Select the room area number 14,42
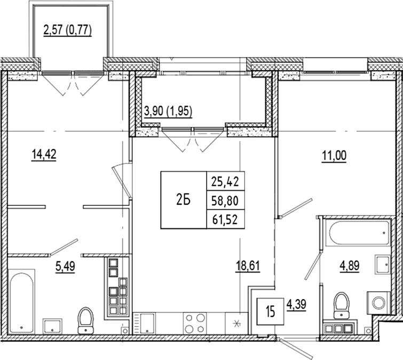44,155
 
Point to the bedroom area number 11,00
334,156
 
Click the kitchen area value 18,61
248,266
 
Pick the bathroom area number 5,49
65,266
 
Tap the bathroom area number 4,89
350,266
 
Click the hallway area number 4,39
296,305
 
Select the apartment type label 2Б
183,200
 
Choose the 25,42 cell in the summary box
225,181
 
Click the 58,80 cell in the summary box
225,201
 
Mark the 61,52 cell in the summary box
225,219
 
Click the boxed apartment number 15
271,311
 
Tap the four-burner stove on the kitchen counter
194,324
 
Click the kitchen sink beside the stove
145,324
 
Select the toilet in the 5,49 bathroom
86,321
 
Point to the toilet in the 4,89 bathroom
341,305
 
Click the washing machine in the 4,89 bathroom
378,303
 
